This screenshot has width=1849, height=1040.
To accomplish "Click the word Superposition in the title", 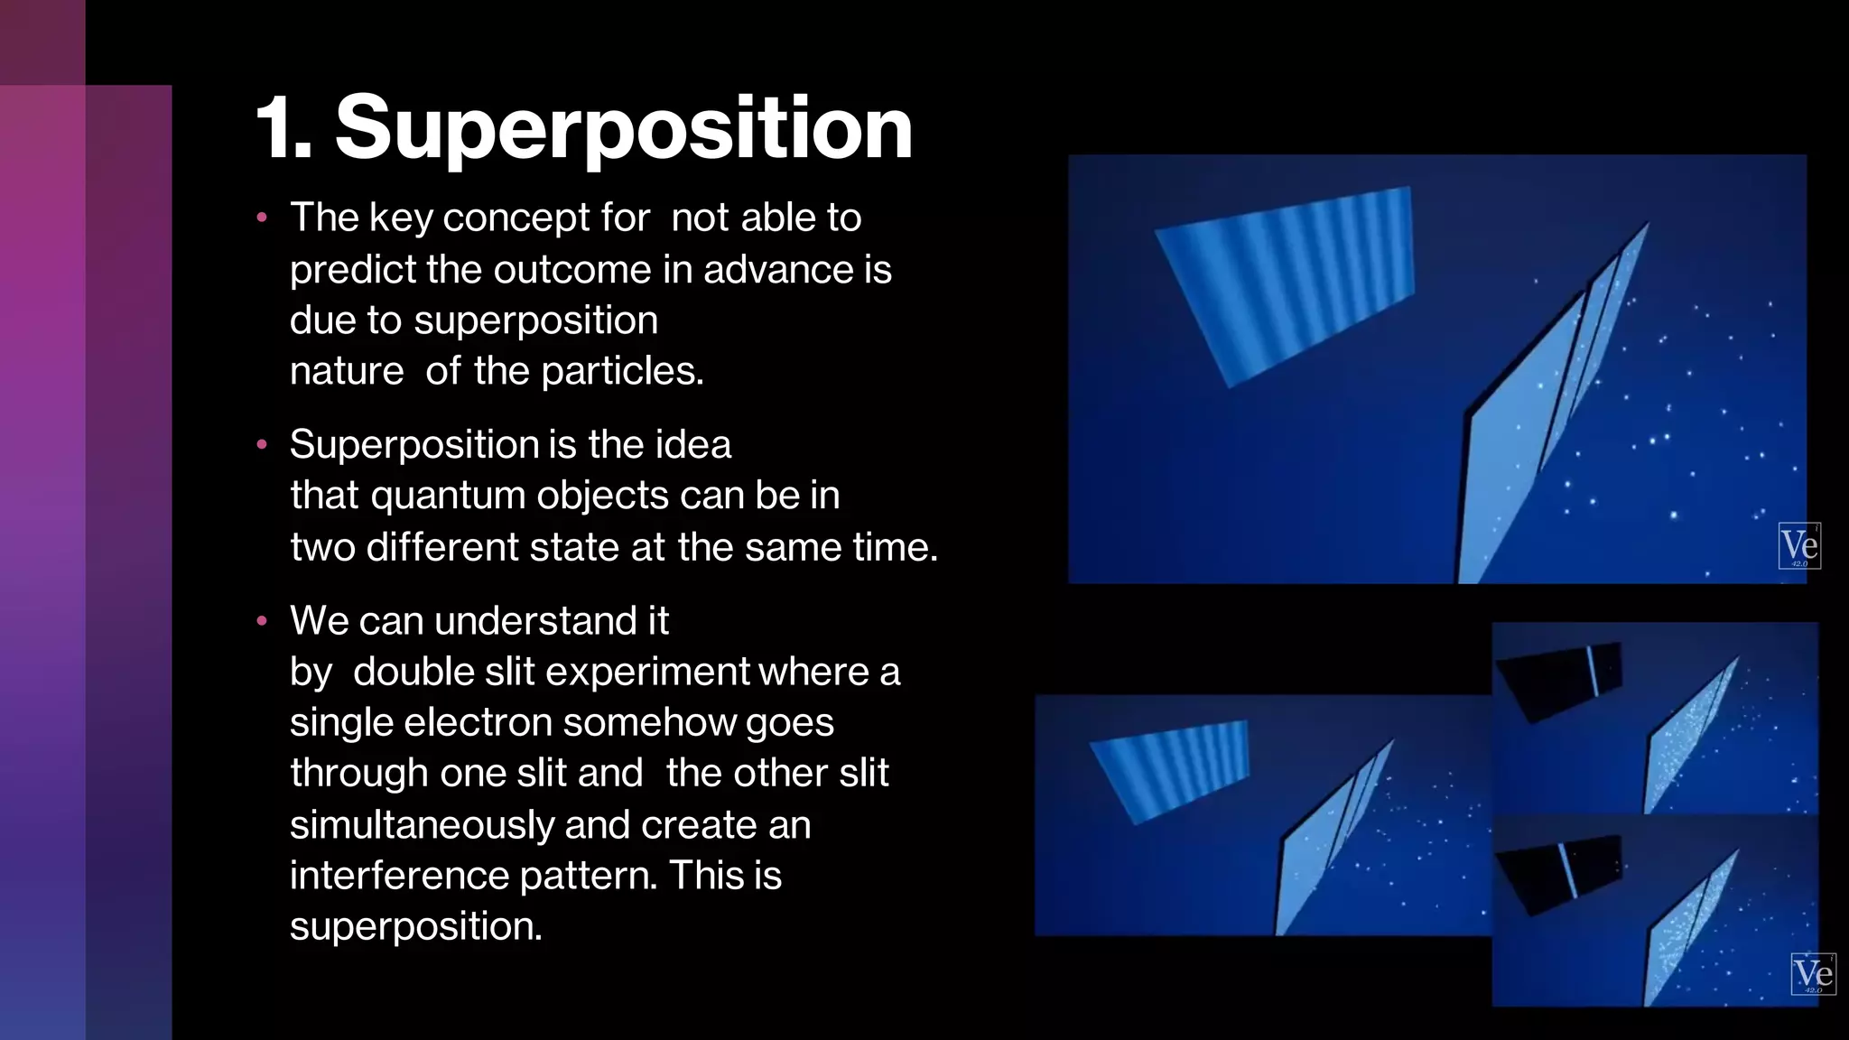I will tap(624, 130).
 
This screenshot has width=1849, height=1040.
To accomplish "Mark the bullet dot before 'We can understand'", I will tap(262, 621).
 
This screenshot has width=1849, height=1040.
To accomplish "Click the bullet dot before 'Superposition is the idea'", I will tap(262, 444).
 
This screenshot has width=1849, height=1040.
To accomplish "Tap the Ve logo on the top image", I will tap(1798, 545).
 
